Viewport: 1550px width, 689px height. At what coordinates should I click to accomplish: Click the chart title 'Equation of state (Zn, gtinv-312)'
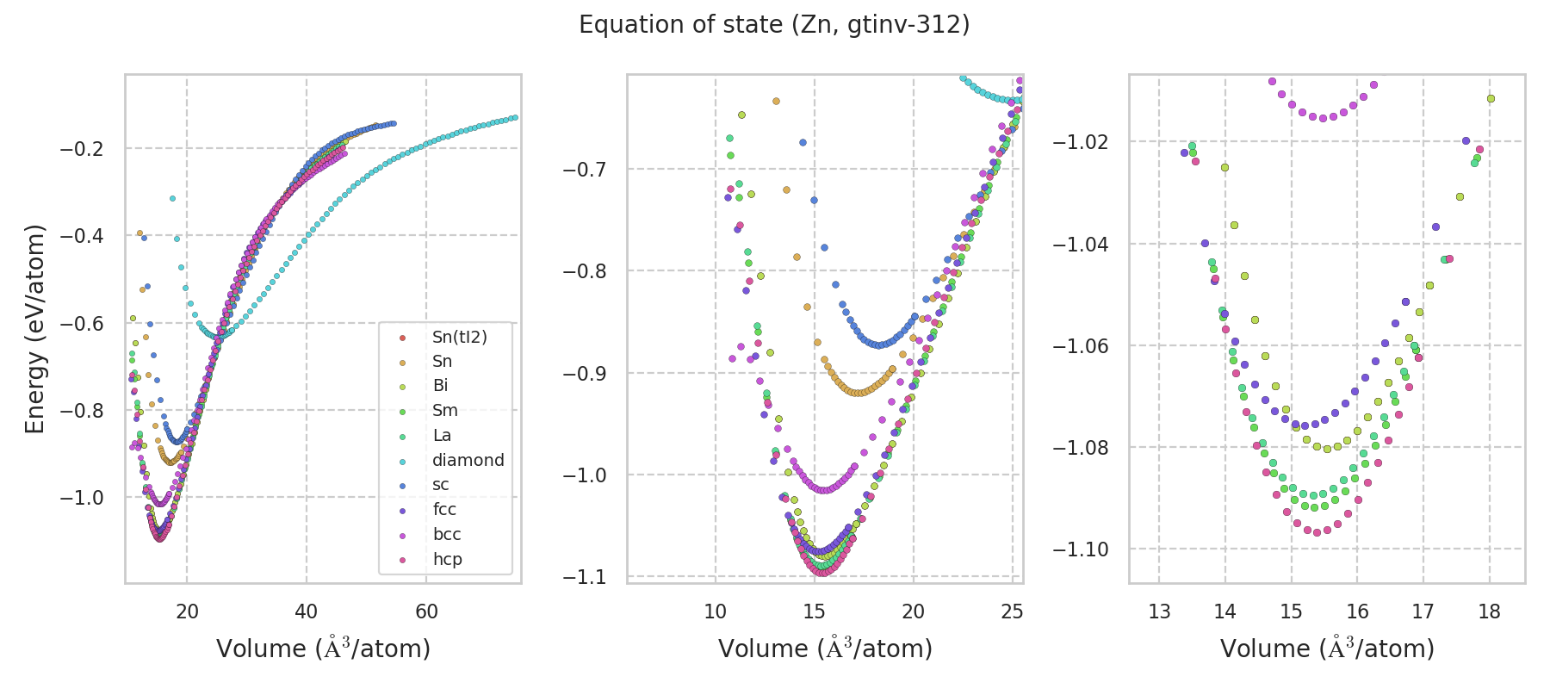point(774,25)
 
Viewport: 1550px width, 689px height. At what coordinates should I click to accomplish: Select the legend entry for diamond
point(468,460)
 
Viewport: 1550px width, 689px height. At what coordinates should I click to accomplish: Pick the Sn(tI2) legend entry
point(459,337)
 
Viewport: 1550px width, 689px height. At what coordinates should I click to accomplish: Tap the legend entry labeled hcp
point(447,559)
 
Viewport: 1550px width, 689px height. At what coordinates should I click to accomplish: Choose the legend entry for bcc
point(447,534)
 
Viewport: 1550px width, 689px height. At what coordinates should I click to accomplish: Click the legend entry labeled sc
point(440,485)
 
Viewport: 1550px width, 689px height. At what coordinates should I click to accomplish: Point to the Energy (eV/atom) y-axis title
point(34,329)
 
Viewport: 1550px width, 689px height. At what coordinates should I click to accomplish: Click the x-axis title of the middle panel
point(825,649)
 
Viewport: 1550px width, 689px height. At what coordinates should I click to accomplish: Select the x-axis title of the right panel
point(1327,649)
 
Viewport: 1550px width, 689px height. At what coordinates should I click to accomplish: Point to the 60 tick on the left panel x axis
point(426,611)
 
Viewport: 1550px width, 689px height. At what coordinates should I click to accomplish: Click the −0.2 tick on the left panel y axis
point(81,149)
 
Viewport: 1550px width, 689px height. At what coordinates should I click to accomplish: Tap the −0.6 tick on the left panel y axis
point(81,324)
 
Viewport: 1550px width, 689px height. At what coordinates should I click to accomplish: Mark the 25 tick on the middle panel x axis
point(1013,611)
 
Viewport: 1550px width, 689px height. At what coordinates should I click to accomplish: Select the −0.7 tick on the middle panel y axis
point(583,169)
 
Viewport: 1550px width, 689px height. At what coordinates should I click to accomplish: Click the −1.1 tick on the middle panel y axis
point(583,576)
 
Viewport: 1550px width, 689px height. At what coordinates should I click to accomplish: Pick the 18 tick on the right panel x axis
point(1489,611)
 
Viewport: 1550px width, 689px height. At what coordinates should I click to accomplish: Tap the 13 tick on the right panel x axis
point(1159,611)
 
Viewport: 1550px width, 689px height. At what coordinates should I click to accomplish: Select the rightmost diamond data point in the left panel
point(514,117)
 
